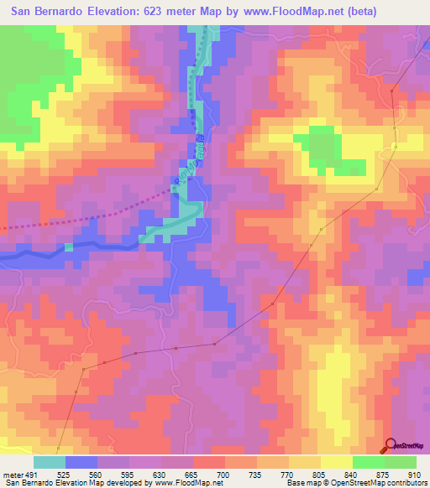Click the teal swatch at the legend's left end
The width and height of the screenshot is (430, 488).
tap(50, 463)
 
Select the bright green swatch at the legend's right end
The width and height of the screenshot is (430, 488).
tap(401, 463)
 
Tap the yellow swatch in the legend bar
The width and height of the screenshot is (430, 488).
tap(337, 463)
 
